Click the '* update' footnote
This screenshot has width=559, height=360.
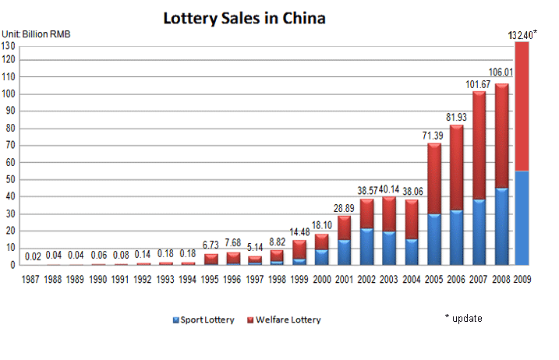[465, 318]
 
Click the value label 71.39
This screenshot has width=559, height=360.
[433, 136]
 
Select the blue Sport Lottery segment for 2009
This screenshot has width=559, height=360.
[522, 218]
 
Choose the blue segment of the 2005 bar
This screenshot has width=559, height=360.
[433, 239]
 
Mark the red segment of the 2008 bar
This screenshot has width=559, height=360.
[501, 136]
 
